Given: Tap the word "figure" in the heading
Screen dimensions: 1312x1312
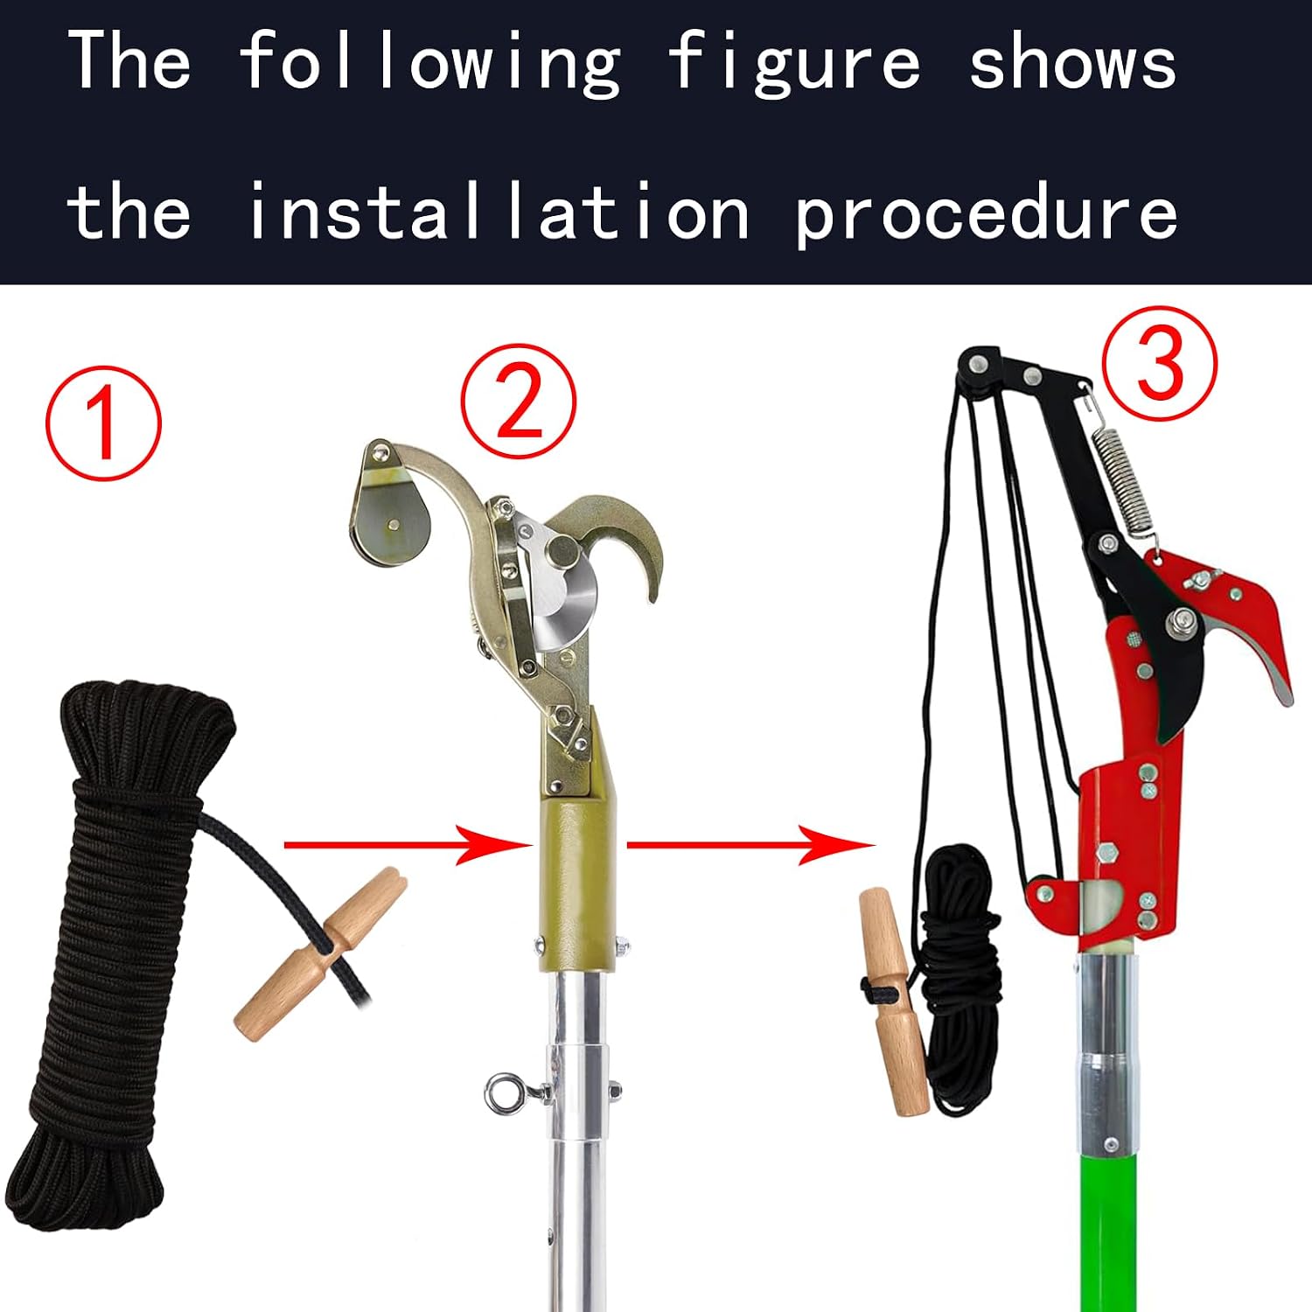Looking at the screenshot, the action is pos(794,63).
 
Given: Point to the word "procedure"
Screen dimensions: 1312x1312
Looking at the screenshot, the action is pos(987,213).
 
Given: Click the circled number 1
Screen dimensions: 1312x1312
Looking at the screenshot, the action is pos(103,422).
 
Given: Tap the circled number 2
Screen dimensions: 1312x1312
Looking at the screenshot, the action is pos(519,401).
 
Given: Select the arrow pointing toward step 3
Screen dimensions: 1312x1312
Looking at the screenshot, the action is pos(751,845).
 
